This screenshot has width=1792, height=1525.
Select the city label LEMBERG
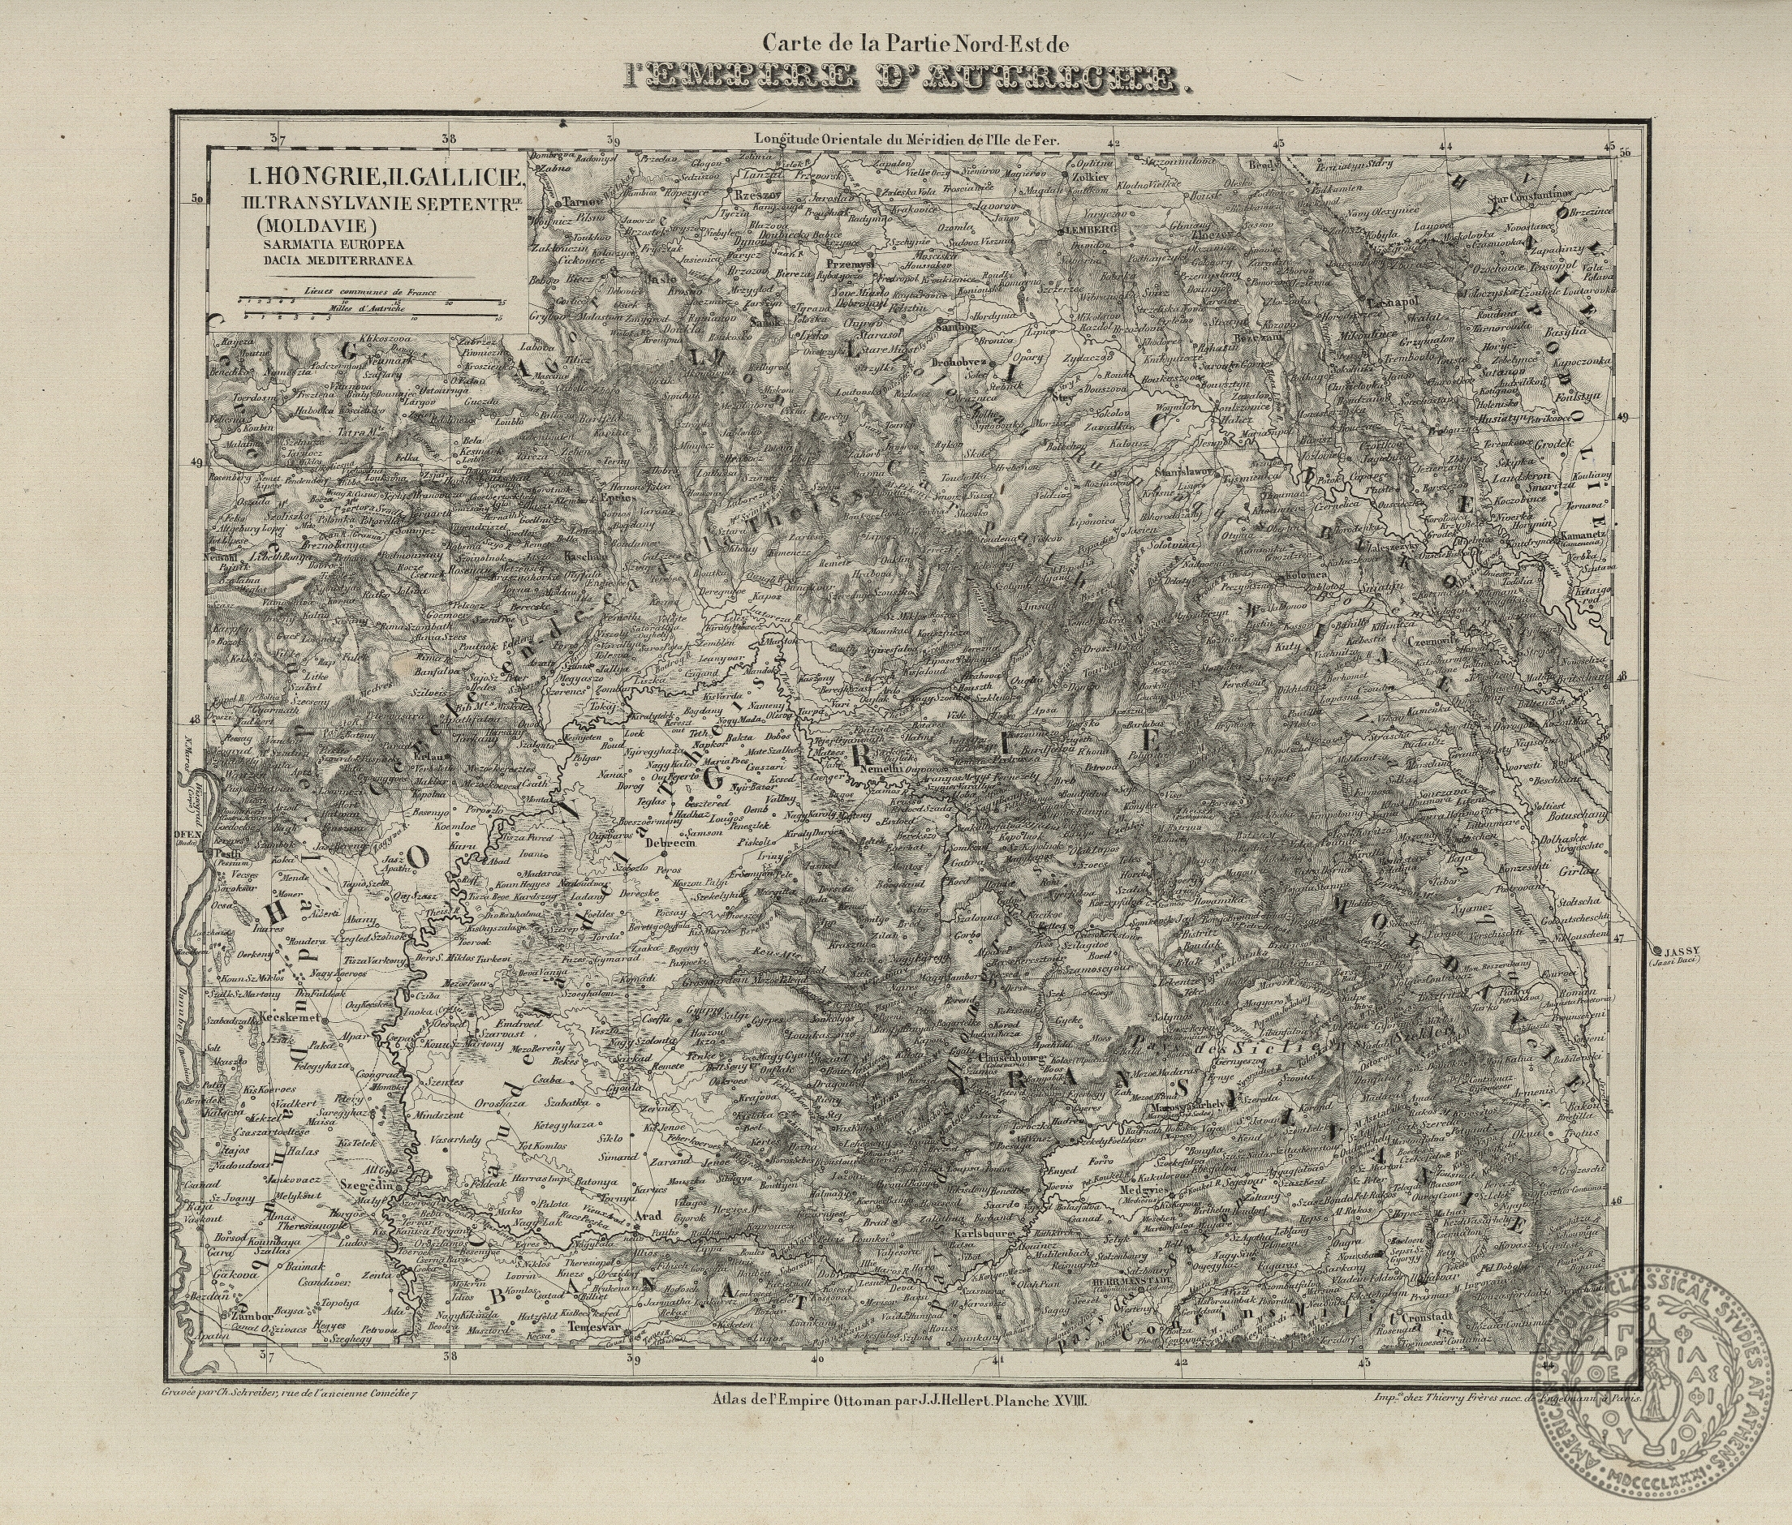pos(1089,230)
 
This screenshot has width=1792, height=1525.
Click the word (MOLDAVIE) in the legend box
pos(299,226)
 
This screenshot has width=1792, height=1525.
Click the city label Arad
pos(648,1217)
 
